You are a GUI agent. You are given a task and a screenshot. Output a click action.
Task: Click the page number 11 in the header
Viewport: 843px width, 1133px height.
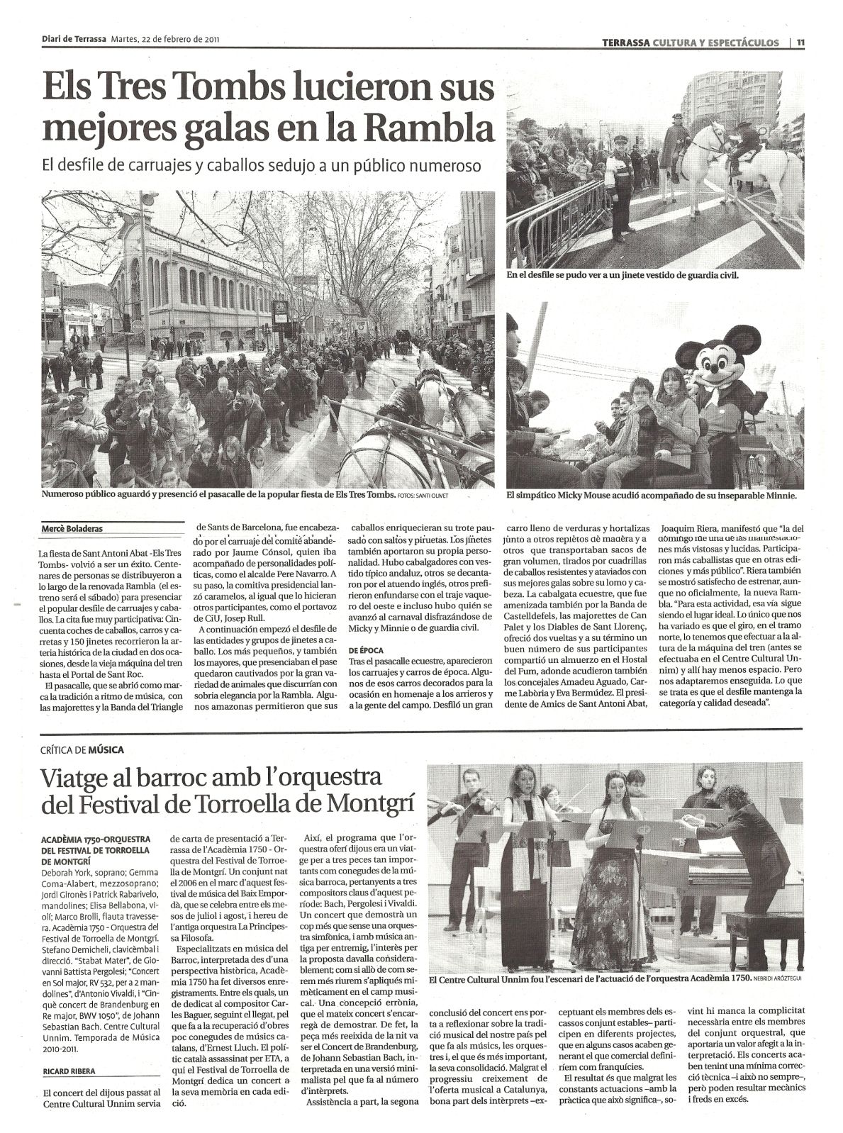point(800,42)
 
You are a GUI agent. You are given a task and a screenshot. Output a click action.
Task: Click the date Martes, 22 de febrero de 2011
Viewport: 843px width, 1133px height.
point(164,41)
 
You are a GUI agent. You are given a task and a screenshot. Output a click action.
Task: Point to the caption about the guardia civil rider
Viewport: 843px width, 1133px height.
point(623,274)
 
